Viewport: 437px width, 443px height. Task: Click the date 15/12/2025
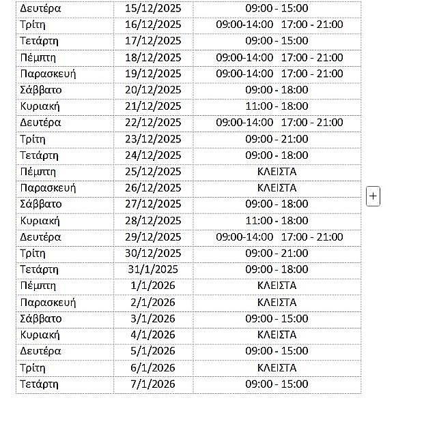click(x=153, y=8)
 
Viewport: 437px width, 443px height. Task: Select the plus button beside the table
click(x=373, y=196)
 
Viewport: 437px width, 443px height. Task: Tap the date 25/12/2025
click(x=153, y=172)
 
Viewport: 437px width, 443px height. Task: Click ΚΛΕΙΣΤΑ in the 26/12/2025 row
click(x=277, y=188)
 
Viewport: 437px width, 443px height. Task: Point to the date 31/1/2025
click(x=153, y=270)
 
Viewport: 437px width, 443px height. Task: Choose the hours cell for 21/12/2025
click(x=277, y=106)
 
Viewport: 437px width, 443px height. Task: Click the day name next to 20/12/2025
click(x=41, y=90)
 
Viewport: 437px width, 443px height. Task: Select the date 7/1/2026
click(x=153, y=384)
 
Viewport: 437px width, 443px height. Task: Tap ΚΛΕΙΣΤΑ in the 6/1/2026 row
click(x=277, y=368)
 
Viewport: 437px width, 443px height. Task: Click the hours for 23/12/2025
click(x=277, y=139)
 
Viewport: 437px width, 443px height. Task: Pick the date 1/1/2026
click(x=153, y=286)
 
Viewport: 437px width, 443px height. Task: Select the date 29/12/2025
click(x=153, y=237)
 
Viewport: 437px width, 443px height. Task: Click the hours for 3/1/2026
click(x=277, y=319)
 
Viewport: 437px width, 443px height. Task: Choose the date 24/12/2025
click(x=153, y=155)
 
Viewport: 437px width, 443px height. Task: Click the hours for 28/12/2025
click(x=277, y=221)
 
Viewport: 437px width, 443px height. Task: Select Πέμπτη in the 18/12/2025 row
click(x=38, y=57)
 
